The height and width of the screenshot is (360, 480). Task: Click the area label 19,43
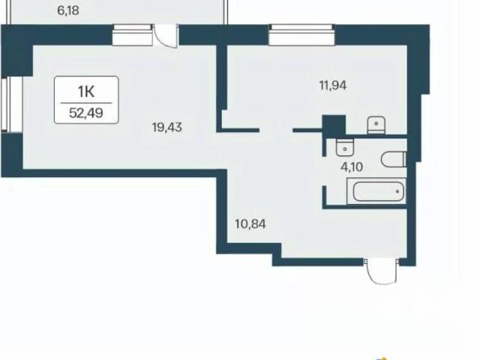[x=167, y=127]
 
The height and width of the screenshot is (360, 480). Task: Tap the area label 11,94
[x=333, y=85]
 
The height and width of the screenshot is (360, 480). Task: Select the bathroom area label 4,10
[x=352, y=167]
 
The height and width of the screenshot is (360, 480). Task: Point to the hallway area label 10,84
[x=250, y=224]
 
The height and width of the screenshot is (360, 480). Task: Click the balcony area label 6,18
[x=68, y=10]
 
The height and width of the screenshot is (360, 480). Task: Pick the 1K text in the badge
[x=86, y=91]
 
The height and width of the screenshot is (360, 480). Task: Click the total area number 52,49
[x=86, y=113]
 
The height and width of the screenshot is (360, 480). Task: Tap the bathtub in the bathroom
[x=376, y=191]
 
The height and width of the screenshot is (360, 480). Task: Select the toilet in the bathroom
[x=394, y=160]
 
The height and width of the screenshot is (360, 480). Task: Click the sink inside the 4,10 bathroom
[x=345, y=147]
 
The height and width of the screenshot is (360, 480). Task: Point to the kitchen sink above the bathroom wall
[x=376, y=125]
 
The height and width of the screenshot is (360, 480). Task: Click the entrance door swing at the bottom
[x=382, y=271]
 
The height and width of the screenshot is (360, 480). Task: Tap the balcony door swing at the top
[x=165, y=36]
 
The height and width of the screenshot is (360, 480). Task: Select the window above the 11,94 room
[x=301, y=34]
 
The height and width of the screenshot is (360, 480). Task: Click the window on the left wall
[x=12, y=104]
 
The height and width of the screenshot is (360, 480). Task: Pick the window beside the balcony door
[x=132, y=35]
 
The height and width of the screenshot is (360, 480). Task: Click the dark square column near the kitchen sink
[x=334, y=125]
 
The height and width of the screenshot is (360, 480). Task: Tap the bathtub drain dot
[x=397, y=191]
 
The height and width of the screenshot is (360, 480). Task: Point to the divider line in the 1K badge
[x=86, y=103]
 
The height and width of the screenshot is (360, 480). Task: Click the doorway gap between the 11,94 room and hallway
[x=276, y=130]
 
